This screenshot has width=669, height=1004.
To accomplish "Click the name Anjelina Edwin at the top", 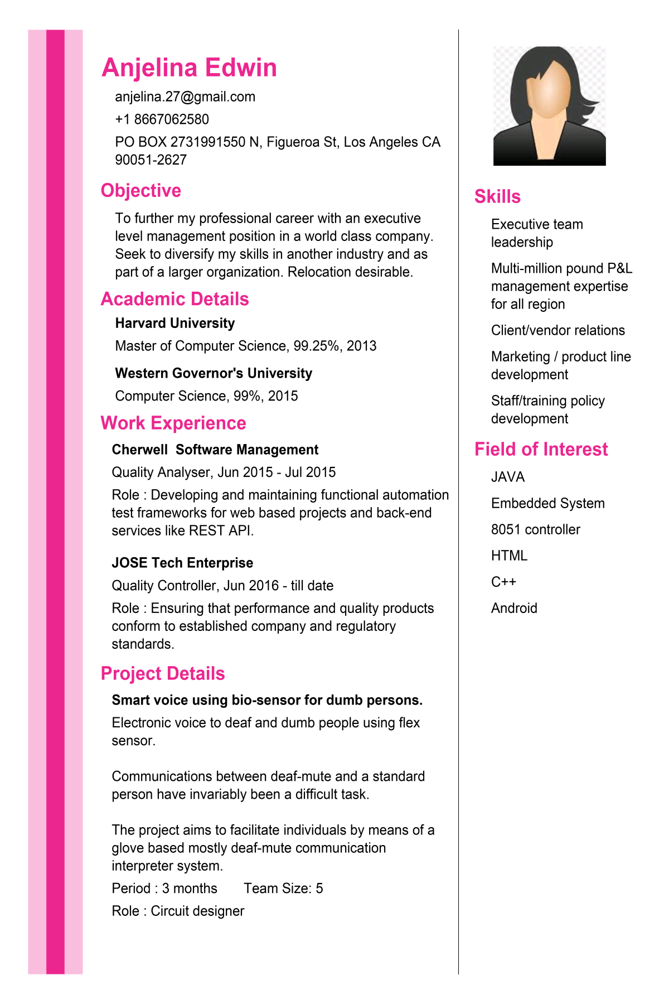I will tap(189, 68).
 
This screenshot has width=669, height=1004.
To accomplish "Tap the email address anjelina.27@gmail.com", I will tap(185, 97).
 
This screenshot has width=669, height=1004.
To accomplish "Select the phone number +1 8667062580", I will tap(162, 119).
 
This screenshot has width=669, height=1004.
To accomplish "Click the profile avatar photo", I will tap(549, 106).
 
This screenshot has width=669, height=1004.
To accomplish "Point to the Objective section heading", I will tap(140, 191).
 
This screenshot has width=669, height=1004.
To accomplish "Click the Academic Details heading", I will tap(174, 300).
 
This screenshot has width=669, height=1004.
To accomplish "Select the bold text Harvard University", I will tap(174, 324).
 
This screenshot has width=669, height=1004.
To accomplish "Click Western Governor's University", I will tap(214, 373).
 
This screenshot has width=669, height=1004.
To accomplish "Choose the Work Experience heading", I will tap(173, 423).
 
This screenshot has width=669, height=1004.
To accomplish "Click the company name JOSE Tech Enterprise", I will tap(182, 563).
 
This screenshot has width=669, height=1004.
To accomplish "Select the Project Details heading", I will tap(163, 674).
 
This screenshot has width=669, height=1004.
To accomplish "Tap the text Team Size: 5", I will tap(283, 889).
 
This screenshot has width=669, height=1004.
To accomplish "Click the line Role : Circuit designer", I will tap(178, 911).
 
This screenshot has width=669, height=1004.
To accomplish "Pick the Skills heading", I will tap(497, 197).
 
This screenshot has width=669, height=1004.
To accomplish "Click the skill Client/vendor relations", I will tap(557, 331).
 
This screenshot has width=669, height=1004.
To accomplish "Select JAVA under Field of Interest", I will tap(508, 477).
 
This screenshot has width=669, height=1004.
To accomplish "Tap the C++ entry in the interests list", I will tap(503, 582).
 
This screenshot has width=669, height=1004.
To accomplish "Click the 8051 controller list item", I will tap(535, 530).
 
